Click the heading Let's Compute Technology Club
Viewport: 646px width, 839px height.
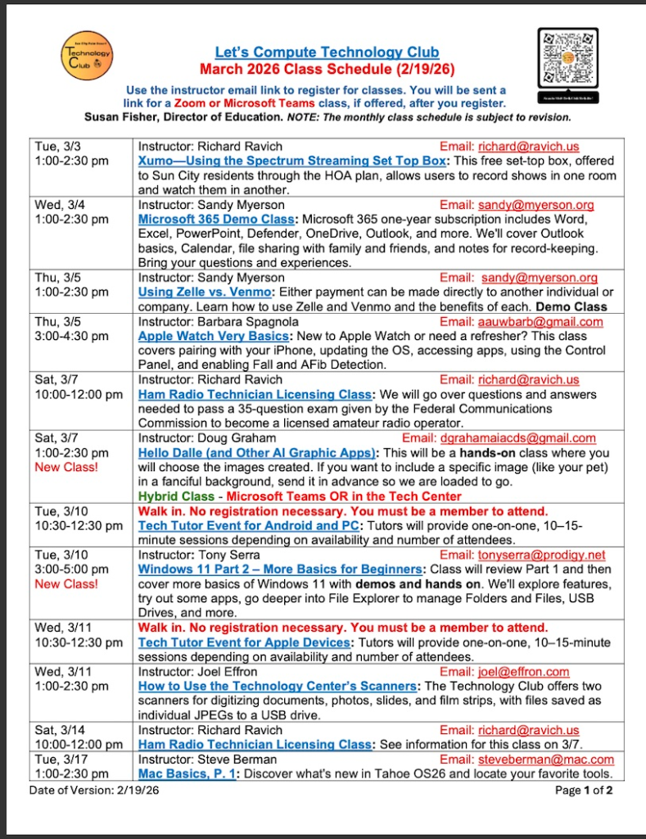pos(327,52)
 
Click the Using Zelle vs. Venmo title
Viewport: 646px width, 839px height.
pos(205,293)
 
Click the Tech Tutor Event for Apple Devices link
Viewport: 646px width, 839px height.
pos(244,642)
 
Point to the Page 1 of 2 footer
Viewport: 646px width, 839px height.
pos(583,791)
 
